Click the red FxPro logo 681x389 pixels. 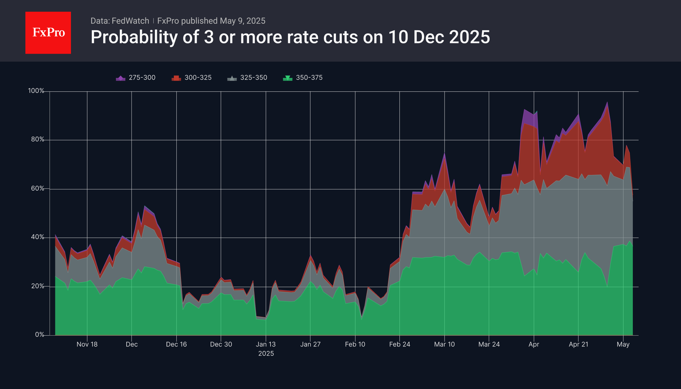(x=48, y=33)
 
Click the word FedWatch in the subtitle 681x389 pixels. (x=130, y=21)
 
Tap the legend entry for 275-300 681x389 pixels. (x=136, y=78)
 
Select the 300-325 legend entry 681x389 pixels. (x=192, y=78)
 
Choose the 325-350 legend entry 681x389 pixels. (x=247, y=78)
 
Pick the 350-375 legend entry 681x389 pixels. (x=303, y=78)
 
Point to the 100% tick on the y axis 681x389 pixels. (x=36, y=91)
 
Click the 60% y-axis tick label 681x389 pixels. (x=37, y=189)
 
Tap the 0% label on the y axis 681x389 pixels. (x=39, y=335)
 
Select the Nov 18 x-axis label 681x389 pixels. (x=87, y=344)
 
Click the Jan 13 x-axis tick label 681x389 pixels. (x=266, y=344)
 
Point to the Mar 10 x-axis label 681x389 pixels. (x=444, y=344)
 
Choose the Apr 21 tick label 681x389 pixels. (x=578, y=344)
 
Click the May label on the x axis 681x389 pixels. (x=623, y=344)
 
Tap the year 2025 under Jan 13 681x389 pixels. (x=266, y=354)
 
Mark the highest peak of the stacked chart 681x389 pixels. (x=607, y=102)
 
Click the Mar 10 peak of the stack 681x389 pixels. (x=444, y=153)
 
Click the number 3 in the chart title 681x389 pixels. (x=209, y=37)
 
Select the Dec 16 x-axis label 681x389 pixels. (x=176, y=344)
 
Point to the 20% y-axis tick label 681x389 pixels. (x=37, y=286)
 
